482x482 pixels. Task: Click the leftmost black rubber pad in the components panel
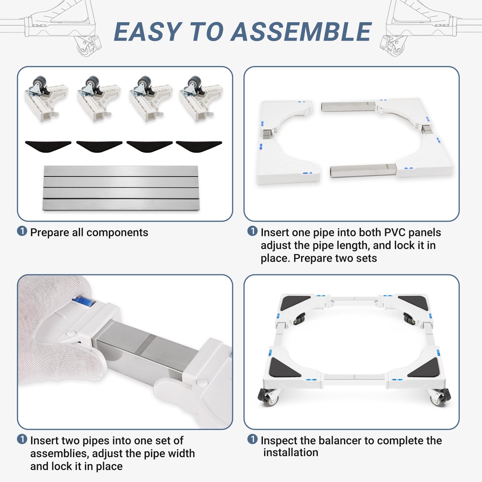tap(48, 146)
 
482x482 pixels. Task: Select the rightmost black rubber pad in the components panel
tap(199, 146)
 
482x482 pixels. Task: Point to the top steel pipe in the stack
tap(121, 171)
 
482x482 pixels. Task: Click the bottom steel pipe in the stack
tap(121, 205)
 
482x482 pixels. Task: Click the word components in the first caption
tap(117, 233)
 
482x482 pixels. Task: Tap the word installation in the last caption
tap(291, 452)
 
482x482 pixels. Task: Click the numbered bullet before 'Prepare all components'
tap(22, 231)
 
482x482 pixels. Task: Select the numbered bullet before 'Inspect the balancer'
tap(252, 439)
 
